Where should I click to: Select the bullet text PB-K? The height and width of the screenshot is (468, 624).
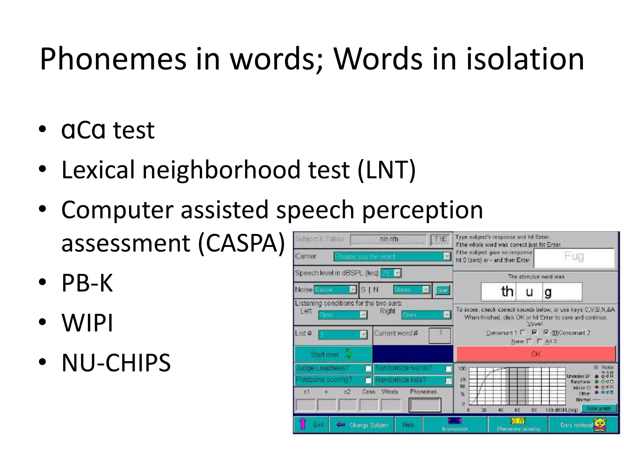87,283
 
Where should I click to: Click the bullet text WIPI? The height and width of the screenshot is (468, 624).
87,322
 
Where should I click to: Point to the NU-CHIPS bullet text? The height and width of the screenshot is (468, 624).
116,363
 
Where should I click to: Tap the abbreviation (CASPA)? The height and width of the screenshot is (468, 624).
241,243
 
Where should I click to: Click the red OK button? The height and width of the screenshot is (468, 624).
536,354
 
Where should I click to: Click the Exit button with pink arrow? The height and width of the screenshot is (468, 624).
311,424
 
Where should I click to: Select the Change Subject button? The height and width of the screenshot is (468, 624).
362,424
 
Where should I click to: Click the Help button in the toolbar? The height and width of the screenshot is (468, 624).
408,424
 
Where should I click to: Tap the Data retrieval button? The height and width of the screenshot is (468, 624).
583,424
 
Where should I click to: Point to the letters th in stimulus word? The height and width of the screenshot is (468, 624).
507,292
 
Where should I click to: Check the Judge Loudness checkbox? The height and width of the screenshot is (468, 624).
368,369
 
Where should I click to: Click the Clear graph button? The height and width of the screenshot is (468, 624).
599,408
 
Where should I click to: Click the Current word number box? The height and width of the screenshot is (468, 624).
439,335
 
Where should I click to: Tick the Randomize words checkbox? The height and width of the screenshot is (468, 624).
448,369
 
